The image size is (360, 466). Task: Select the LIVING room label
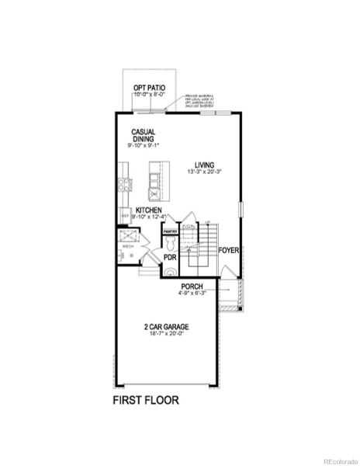click(x=205, y=165)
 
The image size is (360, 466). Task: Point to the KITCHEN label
click(x=148, y=210)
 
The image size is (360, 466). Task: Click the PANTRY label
click(x=170, y=231)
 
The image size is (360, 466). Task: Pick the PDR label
click(x=169, y=257)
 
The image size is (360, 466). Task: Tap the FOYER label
click(x=228, y=251)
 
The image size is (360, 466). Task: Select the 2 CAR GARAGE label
click(x=166, y=327)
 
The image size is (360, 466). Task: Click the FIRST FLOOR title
click(x=146, y=401)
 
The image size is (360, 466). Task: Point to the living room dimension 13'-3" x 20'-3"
click(x=205, y=172)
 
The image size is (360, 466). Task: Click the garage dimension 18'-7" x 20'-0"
click(x=166, y=334)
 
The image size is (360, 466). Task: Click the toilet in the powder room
click(x=170, y=272)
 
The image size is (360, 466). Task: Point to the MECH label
click(x=128, y=246)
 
